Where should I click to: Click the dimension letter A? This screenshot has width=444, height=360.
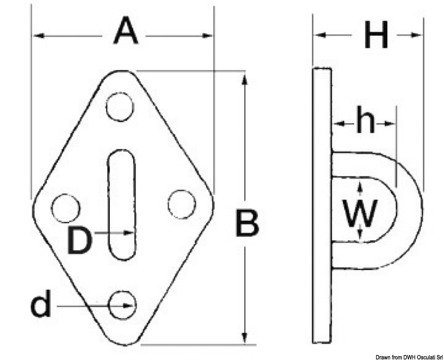(125, 31)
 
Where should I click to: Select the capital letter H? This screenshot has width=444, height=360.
(376, 34)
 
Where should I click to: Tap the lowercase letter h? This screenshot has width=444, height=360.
(366, 119)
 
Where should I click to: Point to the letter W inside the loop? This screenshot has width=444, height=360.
(360, 214)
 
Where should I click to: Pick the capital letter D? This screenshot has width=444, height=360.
(79, 241)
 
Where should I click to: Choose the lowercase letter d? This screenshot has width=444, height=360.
(41, 303)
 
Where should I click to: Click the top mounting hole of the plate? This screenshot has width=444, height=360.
(120, 107)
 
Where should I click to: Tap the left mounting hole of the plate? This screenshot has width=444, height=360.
(65, 208)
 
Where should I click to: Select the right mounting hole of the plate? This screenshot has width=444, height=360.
(181, 204)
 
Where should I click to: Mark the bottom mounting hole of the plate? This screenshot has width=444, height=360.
(123, 305)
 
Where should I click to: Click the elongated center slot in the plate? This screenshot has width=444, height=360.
(122, 205)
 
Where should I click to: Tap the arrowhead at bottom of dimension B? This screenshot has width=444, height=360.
(245, 337)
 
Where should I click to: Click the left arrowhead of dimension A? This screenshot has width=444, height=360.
(39, 36)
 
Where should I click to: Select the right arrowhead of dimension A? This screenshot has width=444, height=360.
(206, 36)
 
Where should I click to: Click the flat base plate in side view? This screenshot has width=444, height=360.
(322, 205)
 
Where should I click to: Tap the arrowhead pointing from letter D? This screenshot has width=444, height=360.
(129, 232)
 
